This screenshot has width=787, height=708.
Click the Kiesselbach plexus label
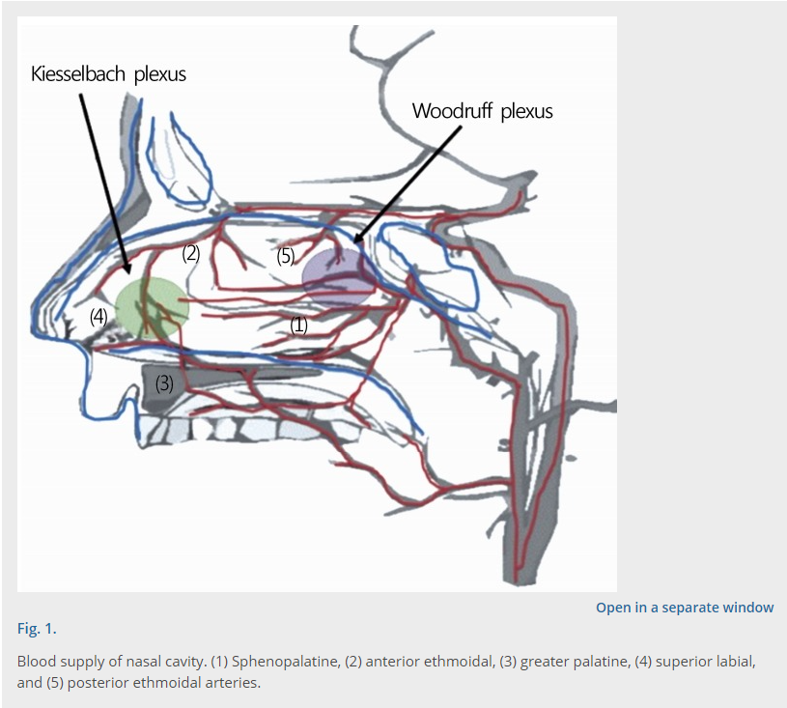[x=108, y=74]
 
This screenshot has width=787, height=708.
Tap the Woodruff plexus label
[x=482, y=111]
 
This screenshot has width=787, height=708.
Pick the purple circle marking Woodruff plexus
[x=338, y=276]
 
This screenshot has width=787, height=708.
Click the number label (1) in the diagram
[x=299, y=326]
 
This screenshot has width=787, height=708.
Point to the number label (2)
[x=191, y=253]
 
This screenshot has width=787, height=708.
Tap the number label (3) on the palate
[x=164, y=382]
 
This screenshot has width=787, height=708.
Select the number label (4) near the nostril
[x=98, y=315]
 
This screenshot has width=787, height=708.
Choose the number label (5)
[x=285, y=256]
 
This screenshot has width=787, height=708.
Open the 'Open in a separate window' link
[x=685, y=608]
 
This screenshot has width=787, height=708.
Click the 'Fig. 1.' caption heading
[x=37, y=629]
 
